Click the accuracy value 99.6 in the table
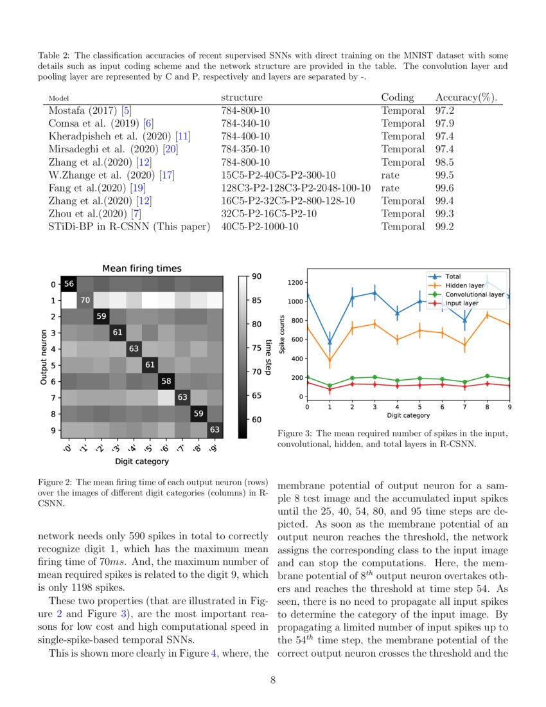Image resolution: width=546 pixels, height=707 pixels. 445,188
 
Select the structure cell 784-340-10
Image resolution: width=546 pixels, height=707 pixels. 245,123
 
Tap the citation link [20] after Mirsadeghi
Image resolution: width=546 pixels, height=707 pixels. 170,149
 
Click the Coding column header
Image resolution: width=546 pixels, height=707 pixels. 398,97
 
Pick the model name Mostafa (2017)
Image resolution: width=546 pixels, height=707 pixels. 80,111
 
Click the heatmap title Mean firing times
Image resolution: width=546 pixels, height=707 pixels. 142,268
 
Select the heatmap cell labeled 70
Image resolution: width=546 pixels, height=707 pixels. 85,300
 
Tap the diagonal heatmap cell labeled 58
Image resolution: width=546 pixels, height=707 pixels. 166,381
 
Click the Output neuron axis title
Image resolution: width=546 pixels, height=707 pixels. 44,357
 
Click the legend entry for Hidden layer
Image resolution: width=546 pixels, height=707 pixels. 464,285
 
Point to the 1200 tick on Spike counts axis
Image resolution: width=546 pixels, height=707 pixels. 294,282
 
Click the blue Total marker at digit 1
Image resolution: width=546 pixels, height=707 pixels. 330,342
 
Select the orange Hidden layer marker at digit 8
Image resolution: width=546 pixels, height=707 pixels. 488,314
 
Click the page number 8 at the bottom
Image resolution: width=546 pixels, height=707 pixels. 273,681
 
